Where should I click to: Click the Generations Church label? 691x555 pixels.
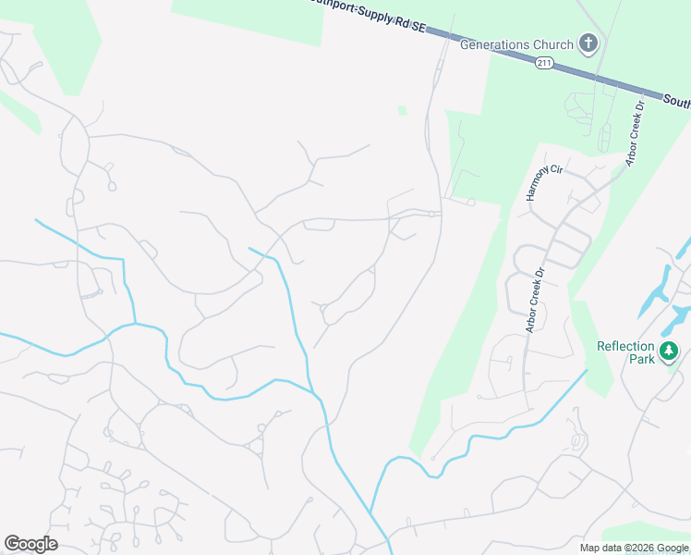pos(516,44)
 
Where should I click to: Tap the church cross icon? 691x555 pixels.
pos(588,43)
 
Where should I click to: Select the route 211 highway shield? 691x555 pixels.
pos(543,62)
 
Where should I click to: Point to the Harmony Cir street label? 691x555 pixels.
pos(544,182)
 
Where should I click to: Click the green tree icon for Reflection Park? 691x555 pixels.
pos(669,351)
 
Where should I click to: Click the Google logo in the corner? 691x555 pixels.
pos(30,544)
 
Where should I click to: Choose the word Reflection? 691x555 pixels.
pos(625,347)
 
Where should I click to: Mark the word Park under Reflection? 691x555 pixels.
pos(638,359)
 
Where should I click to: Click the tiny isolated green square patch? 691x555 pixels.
pos(402,111)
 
